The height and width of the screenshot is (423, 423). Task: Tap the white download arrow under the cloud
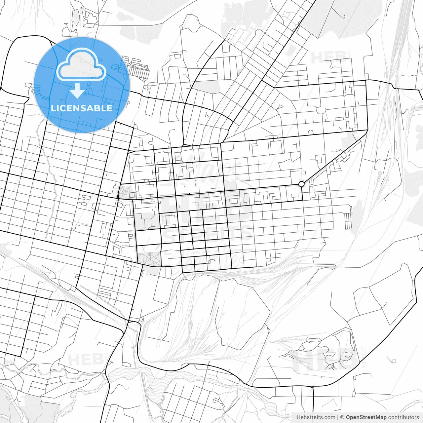77,91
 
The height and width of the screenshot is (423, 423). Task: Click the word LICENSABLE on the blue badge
82,108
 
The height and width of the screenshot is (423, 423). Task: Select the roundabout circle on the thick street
301,184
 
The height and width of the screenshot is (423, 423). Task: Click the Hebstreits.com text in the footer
316,417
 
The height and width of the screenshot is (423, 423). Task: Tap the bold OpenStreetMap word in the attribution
366,417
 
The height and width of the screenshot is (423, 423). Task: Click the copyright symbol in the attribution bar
342,417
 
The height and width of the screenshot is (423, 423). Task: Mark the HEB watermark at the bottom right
326,360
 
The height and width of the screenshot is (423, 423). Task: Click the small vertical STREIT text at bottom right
364,357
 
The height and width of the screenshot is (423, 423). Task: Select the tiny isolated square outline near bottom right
393,360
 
